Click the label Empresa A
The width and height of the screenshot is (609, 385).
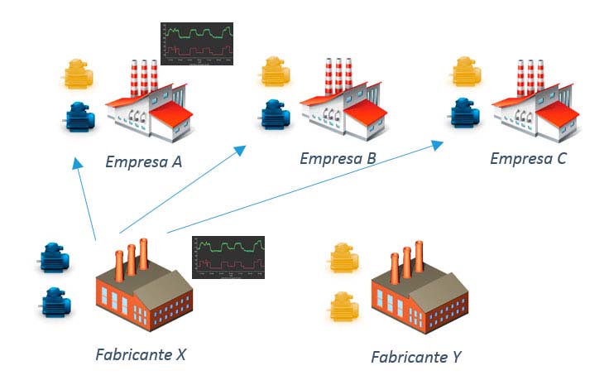point(144,161)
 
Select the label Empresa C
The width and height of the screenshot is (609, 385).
point(528,157)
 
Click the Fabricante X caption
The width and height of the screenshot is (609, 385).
point(140,354)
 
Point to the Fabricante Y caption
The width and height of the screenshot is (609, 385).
point(415,357)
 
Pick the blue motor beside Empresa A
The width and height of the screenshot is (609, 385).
point(81,117)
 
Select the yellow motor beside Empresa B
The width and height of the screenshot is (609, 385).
point(276,71)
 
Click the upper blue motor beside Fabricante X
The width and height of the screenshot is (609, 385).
point(56,257)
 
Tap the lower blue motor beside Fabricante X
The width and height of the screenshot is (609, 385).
point(56,302)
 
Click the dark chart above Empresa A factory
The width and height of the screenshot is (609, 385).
point(197,43)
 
